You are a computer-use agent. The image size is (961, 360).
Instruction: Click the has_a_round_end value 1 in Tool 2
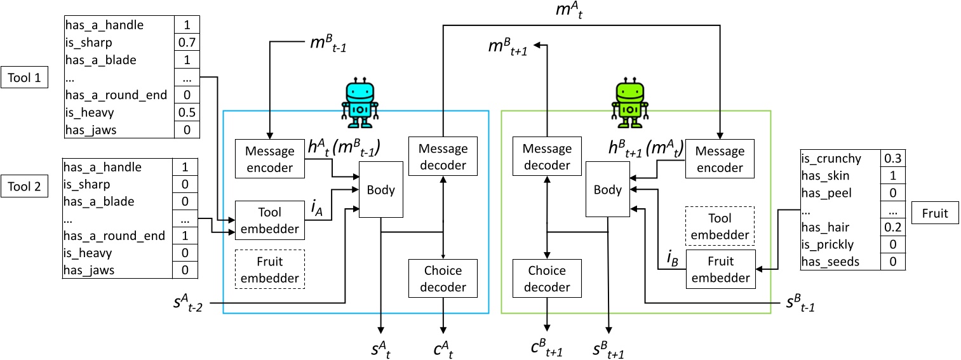tap(185, 236)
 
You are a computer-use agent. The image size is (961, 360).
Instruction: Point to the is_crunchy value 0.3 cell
tap(892, 159)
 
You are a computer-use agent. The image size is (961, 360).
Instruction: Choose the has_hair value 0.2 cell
tap(892, 227)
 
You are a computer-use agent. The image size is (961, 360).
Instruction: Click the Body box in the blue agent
tap(381, 189)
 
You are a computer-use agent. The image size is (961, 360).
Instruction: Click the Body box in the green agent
tap(607, 189)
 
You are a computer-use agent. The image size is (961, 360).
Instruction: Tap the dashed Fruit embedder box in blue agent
tap(270, 269)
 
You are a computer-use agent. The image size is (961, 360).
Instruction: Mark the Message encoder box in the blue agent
tap(270, 159)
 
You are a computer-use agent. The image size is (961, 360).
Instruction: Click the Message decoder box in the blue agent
tap(443, 157)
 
